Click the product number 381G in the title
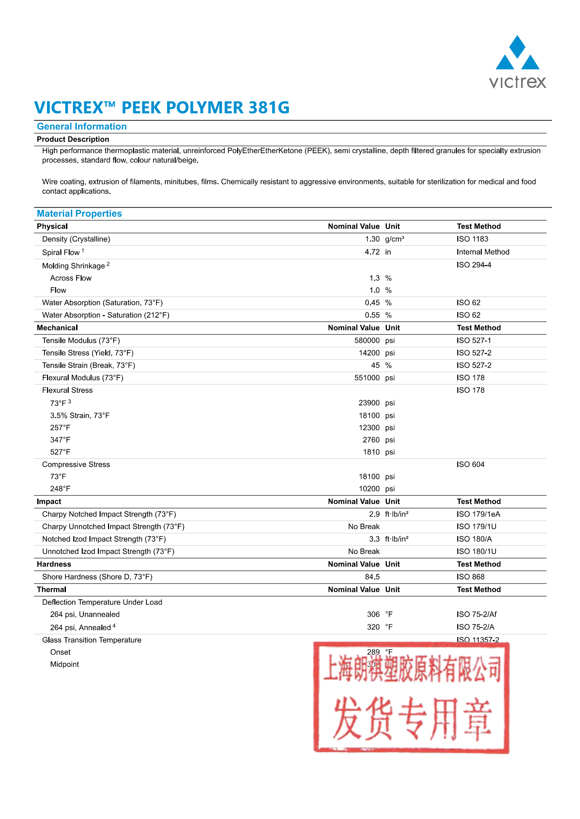coord(269,108)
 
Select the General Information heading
coord(82,127)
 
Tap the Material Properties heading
coord(79,214)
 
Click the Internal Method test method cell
coord(483,252)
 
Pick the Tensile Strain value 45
coord(375,366)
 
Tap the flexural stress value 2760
coord(371,440)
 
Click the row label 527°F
coord(60,452)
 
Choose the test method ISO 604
coord(470,464)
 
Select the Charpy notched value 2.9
coord(374,514)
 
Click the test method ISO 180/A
coord(474,539)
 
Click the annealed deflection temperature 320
coord(373,627)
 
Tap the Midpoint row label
coord(65,664)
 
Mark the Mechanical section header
coord(57,328)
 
